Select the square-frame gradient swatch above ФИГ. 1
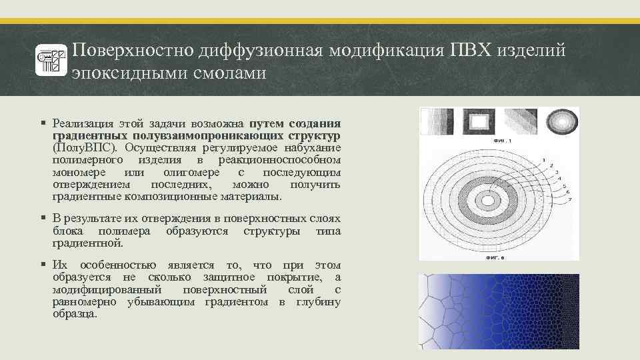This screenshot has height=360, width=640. click(479, 121)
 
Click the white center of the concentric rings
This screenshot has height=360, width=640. click(487, 200)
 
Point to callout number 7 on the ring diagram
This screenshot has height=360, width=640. click(569, 199)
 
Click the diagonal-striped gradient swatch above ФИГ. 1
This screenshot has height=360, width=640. click(520, 121)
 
